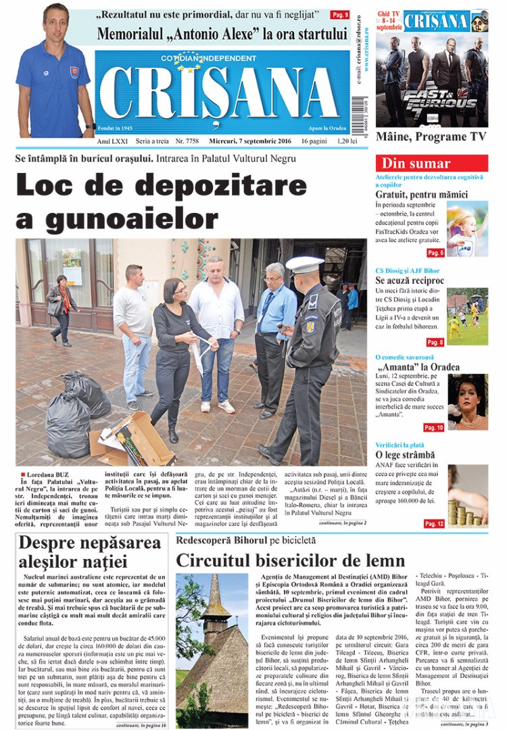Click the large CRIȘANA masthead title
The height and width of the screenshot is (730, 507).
220,95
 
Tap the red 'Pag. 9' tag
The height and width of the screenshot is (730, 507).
339,14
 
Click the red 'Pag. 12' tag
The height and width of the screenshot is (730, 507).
434,524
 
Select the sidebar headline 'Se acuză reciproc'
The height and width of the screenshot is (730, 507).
410,281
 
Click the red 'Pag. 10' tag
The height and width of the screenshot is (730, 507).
434,427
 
